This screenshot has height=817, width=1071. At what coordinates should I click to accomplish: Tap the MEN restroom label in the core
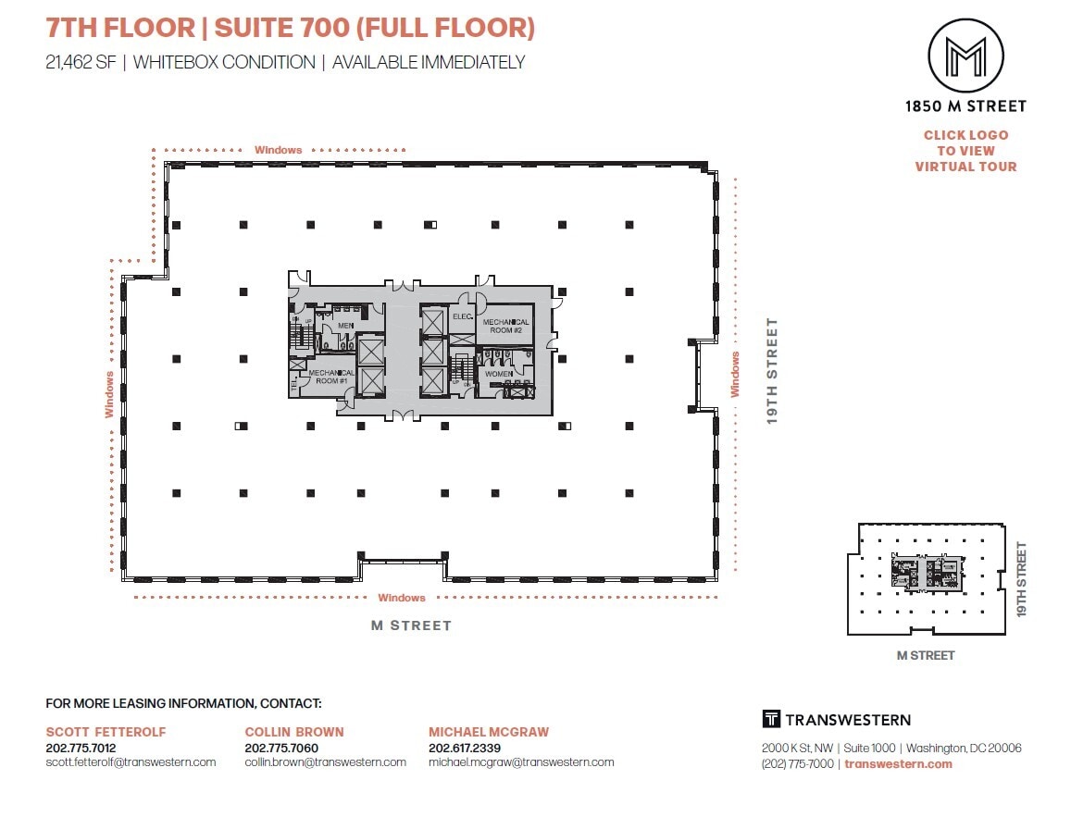(x=345, y=326)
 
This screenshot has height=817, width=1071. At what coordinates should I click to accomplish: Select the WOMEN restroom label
(x=499, y=373)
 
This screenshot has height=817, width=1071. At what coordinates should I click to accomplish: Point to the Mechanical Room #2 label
(x=505, y=326)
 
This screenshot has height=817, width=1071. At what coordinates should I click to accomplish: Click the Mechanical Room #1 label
(x=331, y=377)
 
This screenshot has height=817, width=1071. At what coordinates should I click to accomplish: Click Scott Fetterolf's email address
(x=131, y=762)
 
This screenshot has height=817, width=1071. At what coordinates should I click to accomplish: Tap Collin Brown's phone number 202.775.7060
(x=281, y=748)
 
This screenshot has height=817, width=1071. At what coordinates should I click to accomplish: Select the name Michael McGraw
(x=489, y=732)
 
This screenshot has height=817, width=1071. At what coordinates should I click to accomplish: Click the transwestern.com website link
(x=898, y=763)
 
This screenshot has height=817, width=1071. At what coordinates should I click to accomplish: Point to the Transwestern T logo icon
(x=771, y=720)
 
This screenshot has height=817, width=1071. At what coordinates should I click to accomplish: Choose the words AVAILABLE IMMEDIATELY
(x=429, y=63)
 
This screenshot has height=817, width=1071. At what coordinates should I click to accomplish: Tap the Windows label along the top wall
(x=279, y=150)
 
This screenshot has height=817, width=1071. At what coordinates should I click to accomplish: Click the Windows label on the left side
(x=109, y=394)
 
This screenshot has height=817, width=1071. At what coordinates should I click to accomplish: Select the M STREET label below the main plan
(x=411, y=625)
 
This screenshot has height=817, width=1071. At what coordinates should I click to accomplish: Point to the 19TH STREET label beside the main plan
(x=772, y=371)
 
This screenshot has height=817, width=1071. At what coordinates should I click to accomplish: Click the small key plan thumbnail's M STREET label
(x=926, y=655)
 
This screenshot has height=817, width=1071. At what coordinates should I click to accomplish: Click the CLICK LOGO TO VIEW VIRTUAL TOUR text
(x=965, y=151)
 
